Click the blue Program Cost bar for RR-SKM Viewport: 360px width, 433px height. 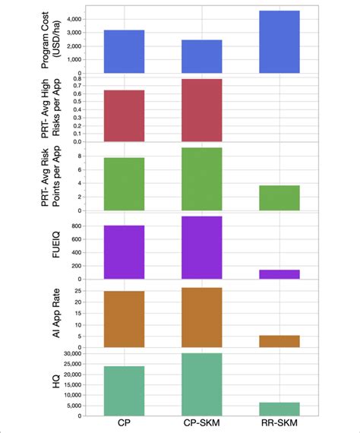pyautogui.click(x=279, y=42)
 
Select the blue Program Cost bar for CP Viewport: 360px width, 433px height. pyautogui.click(x=123, y=52)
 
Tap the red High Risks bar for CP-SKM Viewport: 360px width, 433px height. pyautogui.click(x=201, y=110)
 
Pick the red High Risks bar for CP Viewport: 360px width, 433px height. pyautogui.click(x=123, y=115)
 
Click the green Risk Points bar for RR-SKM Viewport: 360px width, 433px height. pyautogui.click(x=279, y=198)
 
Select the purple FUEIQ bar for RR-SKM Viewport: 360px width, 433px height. pyautogui.click(x=279, y=274)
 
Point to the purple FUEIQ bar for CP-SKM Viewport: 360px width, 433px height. pyautogui.click(x=201, y=248)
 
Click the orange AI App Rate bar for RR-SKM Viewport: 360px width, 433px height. pyautogui.click(x=279, y=341)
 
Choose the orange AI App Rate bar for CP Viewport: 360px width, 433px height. pyautogui.click(x=123, y=319)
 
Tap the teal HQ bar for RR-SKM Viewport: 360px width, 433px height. pyautogui.click(x=279, y=409)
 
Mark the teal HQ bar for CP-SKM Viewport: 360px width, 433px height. pyautogui.click(x=201, y=384)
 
